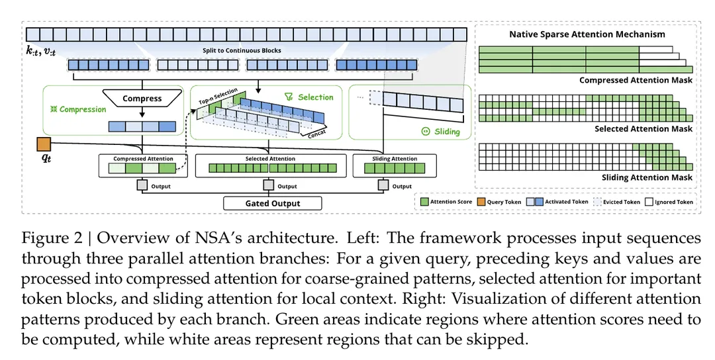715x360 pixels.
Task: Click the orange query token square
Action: (x=44, y=144)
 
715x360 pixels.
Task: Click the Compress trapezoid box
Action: (x=142, y=98)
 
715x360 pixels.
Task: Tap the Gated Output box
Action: (x=273, y=203)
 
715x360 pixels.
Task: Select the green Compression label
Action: (x=78, y=109)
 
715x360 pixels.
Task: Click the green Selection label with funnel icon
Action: (x=309, y=97)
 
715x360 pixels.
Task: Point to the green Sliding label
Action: (x=441, y=132)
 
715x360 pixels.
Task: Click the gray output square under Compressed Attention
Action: (x=142, y=185)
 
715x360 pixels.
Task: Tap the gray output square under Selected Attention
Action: (x=269, y=185)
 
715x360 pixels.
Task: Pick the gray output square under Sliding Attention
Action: (x=383, y=185)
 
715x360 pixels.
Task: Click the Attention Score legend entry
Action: (x=446, y=202)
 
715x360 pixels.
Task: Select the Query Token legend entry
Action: (x=499, y=202)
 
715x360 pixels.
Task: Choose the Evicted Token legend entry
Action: (x=617, y=202)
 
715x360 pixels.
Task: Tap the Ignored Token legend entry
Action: (x=669, y=202)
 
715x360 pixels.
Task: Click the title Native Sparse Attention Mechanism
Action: (x=587, y=34)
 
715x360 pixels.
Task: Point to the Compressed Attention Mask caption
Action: (x=636, y=80)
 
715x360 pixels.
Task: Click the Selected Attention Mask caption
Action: (x=643, y=129)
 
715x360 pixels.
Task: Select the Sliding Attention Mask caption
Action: (x=647, y=177)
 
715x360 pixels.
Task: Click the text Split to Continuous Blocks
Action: (x=242, y=50)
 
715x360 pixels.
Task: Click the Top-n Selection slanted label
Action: (x=218, y=97)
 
